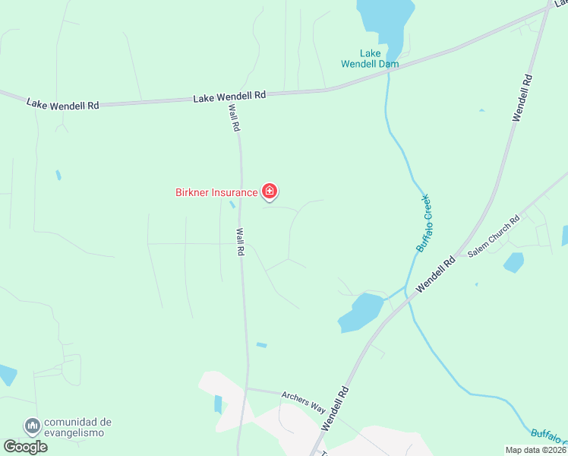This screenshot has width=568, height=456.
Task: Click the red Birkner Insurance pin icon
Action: (269, 191)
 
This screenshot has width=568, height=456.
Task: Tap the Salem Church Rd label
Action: (494, 236)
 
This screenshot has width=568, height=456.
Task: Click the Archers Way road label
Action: (303, 401)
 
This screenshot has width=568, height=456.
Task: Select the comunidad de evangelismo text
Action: (77, 427)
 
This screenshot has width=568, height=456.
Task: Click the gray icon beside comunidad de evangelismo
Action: (32, 426)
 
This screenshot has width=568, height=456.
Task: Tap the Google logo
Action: (25, 447)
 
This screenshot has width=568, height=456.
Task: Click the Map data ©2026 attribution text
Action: (536, 450)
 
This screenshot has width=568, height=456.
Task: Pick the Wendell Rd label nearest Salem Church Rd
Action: (435, 275)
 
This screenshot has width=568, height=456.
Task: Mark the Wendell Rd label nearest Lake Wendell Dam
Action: (522, 97)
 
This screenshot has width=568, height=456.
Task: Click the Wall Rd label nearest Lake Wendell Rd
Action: (234, 119)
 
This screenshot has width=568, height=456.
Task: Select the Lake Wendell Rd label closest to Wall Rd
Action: (229, 97)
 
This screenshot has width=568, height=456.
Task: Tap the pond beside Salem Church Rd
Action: (514, 263)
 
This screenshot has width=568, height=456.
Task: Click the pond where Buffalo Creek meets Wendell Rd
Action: (360, 311)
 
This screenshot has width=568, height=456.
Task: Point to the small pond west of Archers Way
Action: (219, 404)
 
